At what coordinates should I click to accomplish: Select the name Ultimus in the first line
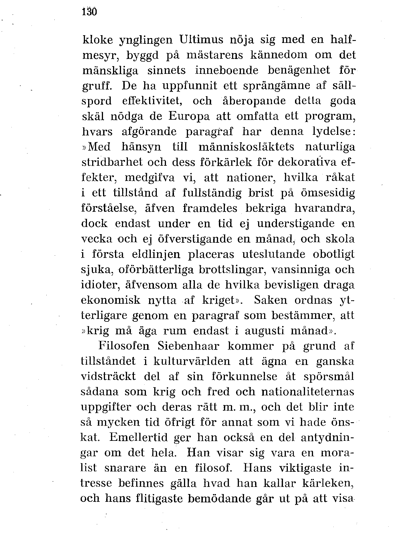pyautogui.click(x=201, y=40)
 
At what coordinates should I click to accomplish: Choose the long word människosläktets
pyautogui.click(x=246, y=147)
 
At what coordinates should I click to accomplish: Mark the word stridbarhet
pyautogui.click(x=112, y=162)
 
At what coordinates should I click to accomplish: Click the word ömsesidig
pyautogui.click(x=328, y=193)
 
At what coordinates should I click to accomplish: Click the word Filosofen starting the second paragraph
pyautogui.click(x=124, y=346)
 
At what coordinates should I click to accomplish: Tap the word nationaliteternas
pyautogui.click(x=308, y=392)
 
